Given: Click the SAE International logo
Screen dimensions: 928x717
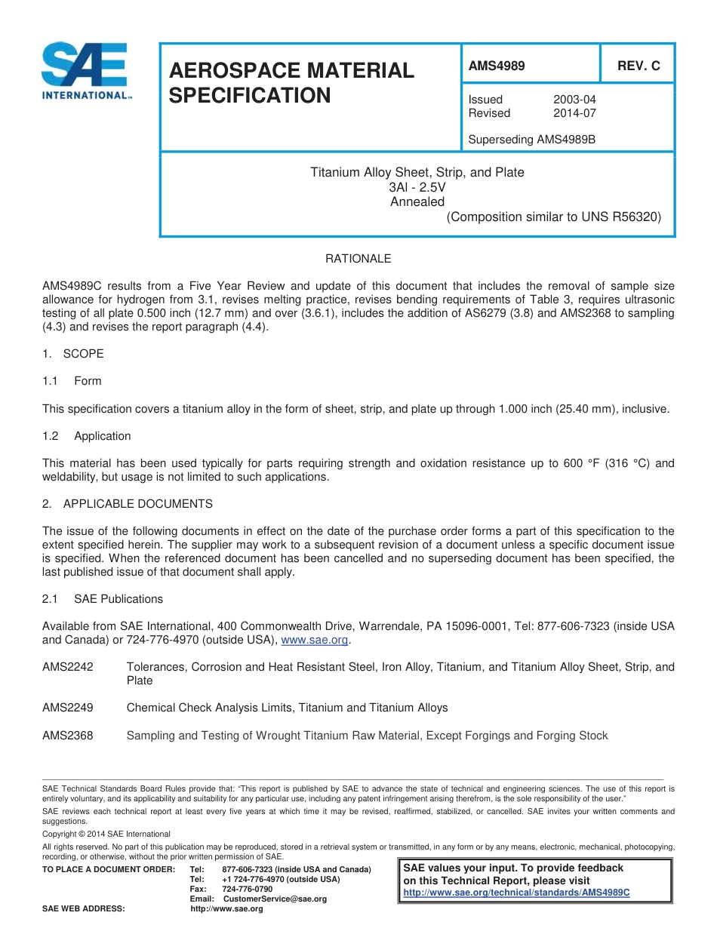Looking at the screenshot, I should coord(85,71).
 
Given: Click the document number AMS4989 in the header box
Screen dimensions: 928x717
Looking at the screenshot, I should coord(497,66).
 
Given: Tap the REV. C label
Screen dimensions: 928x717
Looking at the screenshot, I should coord(639,66).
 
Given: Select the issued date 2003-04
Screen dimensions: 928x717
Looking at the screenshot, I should coord(574,100).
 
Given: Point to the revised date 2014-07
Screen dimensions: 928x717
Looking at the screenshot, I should coord(574,113).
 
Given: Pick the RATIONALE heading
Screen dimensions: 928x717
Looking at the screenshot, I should coord(358,259).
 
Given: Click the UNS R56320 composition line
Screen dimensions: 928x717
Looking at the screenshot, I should coord(554,217).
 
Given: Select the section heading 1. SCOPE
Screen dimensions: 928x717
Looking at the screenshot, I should coord(73,354).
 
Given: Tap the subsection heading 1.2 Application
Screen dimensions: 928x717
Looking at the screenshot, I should coord(87,436).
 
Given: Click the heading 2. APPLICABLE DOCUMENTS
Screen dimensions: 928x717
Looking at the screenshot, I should coord(128,504).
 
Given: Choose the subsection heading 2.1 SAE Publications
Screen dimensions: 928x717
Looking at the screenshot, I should coord(103,599).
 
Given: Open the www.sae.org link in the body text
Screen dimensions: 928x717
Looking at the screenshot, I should coord(315,640).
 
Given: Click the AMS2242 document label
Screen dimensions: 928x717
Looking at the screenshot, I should coord(68,667).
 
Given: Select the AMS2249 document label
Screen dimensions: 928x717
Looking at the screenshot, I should coord(68,708).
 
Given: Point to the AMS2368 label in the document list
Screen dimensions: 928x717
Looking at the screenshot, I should coord(68,736).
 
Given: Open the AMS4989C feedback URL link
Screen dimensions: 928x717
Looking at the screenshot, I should coord(517,893).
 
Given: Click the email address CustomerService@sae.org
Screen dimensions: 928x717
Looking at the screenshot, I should coord(275,899).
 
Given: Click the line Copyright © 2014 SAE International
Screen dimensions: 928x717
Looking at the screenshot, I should coord(106,834).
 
